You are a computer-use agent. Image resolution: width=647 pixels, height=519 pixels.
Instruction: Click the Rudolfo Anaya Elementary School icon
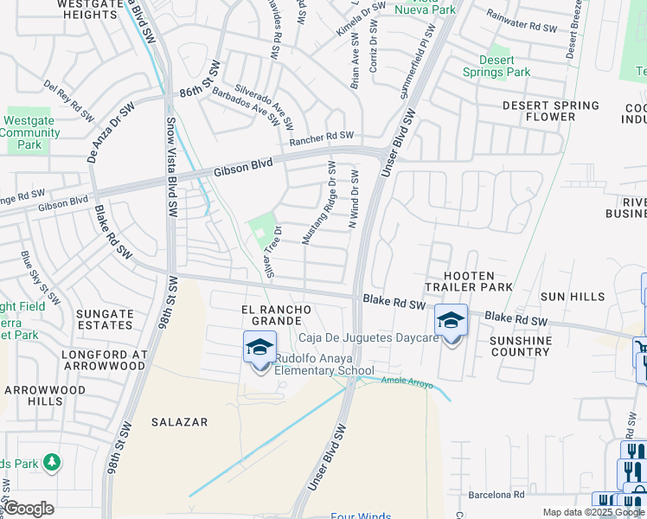click(x=259, y=348)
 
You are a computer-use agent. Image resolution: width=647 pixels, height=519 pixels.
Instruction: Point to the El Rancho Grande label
click(x=275, y=317)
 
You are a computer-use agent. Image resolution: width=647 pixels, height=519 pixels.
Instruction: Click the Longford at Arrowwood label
click(x=101, y=360)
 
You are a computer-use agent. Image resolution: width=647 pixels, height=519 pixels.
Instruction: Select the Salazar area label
click(x=179, y=422)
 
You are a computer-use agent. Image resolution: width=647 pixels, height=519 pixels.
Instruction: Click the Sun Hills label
click(x=573, y=297)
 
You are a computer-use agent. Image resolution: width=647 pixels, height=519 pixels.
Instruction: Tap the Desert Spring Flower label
click(x=551, y=111)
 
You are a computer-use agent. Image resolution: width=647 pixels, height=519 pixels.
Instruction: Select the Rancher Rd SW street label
click(x=322, y=137)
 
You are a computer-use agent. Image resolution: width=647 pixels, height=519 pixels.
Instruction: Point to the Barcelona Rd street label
click(x=496, y=496)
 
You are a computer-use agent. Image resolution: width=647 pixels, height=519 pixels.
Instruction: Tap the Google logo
click(x=29, y=509)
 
